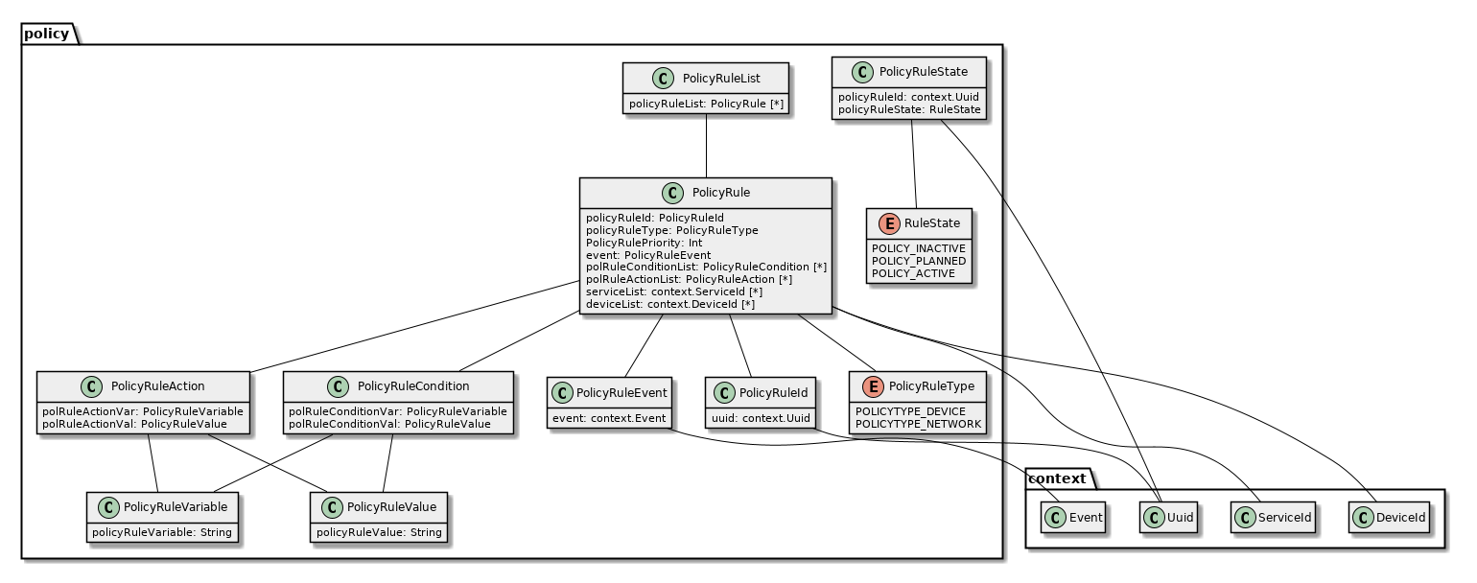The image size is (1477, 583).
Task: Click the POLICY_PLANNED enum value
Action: click(918, 261)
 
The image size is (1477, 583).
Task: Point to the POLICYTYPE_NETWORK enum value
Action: click(918, 424)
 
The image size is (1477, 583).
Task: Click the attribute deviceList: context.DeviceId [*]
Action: click(670, 305)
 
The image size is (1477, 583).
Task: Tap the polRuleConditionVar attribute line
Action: click(398, 410)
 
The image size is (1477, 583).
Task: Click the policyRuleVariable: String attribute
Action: click(162, 532)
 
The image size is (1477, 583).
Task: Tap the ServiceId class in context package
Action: click(1272, 518)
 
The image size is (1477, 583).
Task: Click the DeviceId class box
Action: click(1390, 518)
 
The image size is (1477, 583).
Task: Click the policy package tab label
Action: click(46, 34)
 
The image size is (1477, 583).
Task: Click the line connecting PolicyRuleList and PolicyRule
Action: click(707, 146)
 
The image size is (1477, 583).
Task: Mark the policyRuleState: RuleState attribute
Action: click(909, 109)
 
